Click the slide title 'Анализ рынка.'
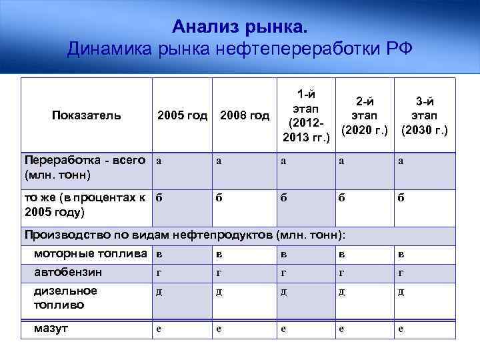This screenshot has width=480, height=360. [x=240, y=27]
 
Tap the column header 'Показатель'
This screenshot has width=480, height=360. [x=87, y=115]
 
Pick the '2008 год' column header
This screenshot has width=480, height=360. [x=244, y=115]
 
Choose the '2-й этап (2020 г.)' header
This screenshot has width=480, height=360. [x=365, y=115]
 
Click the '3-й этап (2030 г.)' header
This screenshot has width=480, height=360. [x=424, y=115]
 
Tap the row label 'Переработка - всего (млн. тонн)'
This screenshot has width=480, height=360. [x=85, y=167]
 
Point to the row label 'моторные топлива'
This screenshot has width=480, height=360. [x=91, y=253]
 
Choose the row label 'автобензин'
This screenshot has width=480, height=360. [x=68, y=272]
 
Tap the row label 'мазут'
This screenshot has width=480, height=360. [x=53, y=328]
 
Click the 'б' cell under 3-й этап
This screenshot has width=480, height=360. [x=401, y=197]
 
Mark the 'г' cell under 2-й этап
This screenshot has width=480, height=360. [x=341, y=273]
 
